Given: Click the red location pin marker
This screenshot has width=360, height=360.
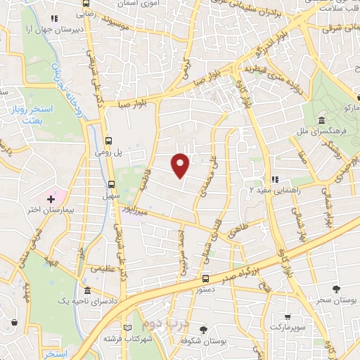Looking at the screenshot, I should point(181,165).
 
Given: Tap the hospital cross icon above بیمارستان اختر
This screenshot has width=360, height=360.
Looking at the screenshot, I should point(51,200).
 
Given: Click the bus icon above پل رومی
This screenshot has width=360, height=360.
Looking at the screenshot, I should point(108,139).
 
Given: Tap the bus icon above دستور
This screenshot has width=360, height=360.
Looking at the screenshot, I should point(205,278).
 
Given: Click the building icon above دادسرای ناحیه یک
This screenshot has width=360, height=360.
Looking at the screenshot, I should point(86,291).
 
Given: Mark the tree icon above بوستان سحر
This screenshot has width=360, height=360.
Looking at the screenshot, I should point(336,289).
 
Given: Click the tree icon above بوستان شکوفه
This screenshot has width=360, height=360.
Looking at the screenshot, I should point(204,328).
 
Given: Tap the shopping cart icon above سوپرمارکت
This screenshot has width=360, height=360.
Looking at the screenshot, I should point(287,317).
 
